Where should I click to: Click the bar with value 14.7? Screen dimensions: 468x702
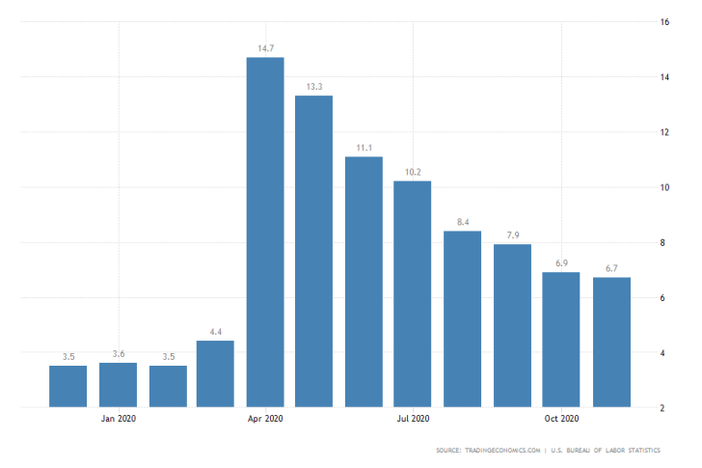265,232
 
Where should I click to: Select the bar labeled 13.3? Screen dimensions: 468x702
314,251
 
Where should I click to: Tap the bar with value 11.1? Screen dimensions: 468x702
364,281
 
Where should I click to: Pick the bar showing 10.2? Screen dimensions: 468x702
413,293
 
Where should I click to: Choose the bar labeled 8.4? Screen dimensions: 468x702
462,318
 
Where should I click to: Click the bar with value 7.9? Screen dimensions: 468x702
512,325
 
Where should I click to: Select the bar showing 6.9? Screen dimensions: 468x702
561,340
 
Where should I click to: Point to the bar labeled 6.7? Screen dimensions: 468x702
611,342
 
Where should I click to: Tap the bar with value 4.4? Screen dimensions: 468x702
215,373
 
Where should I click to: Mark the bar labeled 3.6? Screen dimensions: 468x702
118,384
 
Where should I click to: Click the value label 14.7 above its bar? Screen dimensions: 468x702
265,46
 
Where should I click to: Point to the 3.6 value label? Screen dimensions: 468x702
118,353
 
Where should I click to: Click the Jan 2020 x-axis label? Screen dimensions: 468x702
118,419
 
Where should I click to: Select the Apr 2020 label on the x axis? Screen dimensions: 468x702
265,419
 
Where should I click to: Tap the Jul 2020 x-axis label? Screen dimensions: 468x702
413,419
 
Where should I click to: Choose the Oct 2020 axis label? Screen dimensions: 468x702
561,419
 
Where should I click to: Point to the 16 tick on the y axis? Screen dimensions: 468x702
665,21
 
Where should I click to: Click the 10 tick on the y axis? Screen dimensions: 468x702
665,187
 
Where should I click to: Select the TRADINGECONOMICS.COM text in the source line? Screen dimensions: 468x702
498,451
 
